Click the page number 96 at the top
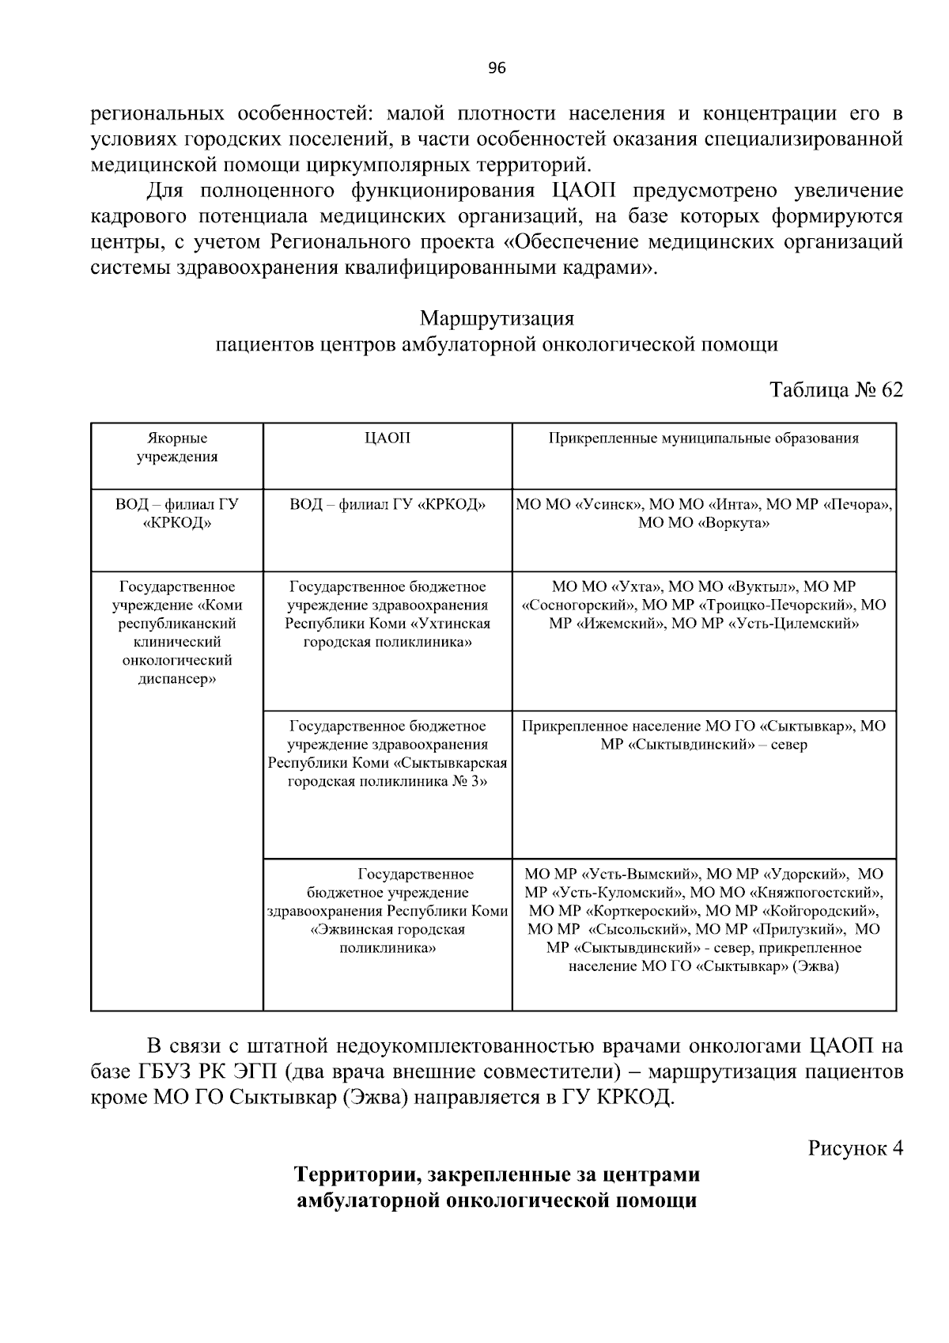pyautogui.click(x=497, y=68)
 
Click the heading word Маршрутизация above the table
pyautogui.click(x=497, y=318)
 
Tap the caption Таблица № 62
pyautogui.click(x=835, y=390)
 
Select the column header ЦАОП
pyautogui.click(x=388, y=438)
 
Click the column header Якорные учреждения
pyautogui.click(x=177, y=447)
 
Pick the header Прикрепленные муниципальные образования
pyautogui.click(x=704, y=438)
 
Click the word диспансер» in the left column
pyautogui.click(x=177, y=679)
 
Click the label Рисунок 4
pyautogui.click(x=854, y=1148)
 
